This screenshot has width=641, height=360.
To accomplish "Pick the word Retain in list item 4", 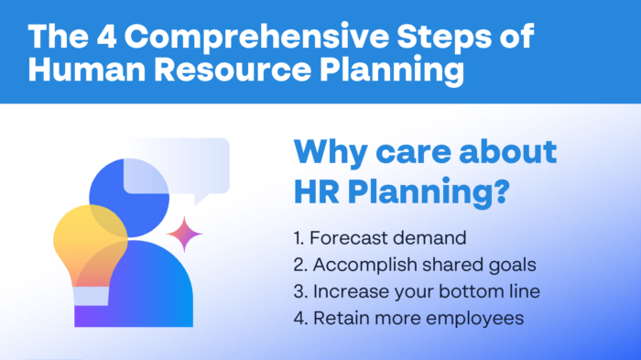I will pos(339,319).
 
